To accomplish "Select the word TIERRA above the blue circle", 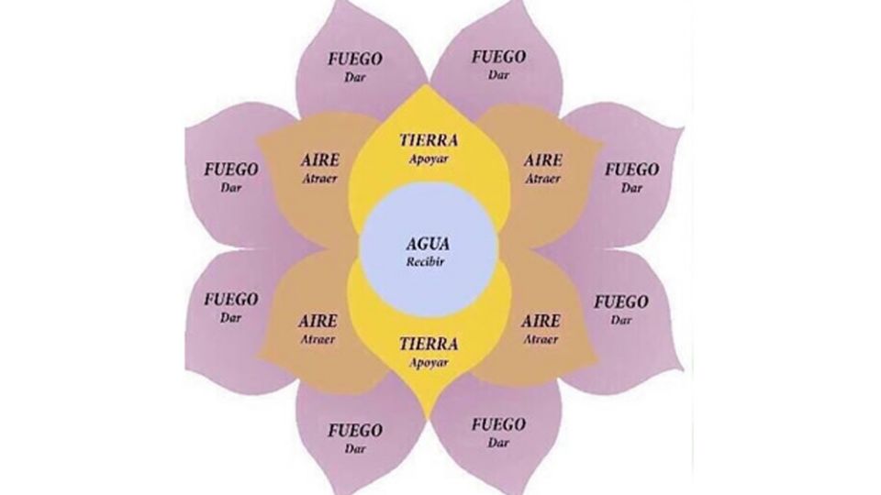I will pos(429,141).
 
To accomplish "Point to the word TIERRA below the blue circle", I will pos(429,345).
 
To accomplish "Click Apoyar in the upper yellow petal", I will pos(429,158).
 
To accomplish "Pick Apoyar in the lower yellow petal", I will pos(429,361).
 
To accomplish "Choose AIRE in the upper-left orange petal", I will pos(319,160).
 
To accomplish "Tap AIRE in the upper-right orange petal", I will pos(543,160).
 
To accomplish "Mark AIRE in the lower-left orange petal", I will pos(318,322).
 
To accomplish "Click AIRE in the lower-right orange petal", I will pos(541,322).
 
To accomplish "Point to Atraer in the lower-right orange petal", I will pos(541,339).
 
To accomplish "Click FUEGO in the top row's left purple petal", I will pos(355,60).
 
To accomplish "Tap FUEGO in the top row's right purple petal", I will pos(498,57).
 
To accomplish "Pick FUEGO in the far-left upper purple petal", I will pos(231,170).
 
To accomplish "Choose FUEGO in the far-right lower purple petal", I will pos(621,302).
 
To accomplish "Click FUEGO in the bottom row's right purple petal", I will pos(498,425).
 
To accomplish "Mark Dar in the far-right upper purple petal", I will pos(631,188).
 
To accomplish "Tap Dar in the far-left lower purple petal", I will pos(231,318).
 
